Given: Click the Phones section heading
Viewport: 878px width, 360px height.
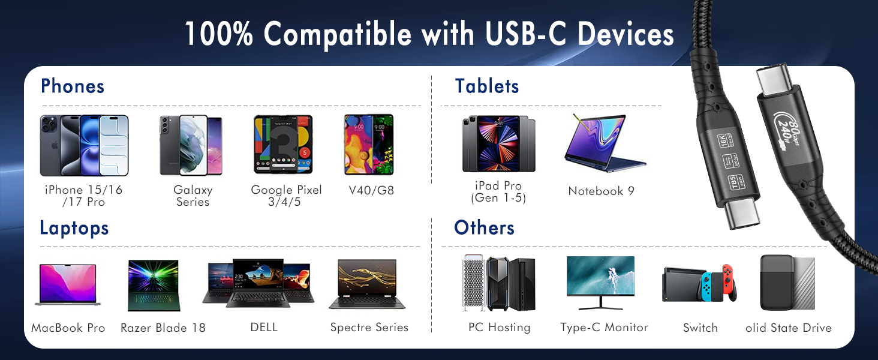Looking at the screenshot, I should click(x=73, y=86).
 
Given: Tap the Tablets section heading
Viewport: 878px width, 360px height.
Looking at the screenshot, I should click(x=487, y=86).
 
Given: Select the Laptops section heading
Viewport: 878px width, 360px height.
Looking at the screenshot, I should click(x=74, y=228).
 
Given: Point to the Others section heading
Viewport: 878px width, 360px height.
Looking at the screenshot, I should click(x=484, y=228).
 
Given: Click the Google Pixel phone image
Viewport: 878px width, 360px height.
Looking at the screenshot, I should click(x=282, y=145).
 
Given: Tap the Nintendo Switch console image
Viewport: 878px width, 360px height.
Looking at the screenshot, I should click(x=699, y=283).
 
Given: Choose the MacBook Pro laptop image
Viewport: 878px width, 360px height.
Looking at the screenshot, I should click(x=67, y=284).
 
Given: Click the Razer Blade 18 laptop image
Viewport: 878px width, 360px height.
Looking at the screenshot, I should click(x=154, y=285).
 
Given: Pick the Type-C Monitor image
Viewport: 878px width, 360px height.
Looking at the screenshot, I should click(x=600, y=282).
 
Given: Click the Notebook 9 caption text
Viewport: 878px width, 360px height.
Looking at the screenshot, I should click(x=601, y=191).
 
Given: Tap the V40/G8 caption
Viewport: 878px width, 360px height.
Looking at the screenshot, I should click(x=371, y=191).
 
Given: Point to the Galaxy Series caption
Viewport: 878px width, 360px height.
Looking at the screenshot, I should click(x=193, y=196).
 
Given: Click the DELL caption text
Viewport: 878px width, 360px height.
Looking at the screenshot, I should click(x=264, y=328).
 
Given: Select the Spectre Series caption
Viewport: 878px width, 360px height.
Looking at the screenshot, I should click(x=369, y=328).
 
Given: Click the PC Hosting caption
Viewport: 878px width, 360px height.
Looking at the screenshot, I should click(x=499, y=328).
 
